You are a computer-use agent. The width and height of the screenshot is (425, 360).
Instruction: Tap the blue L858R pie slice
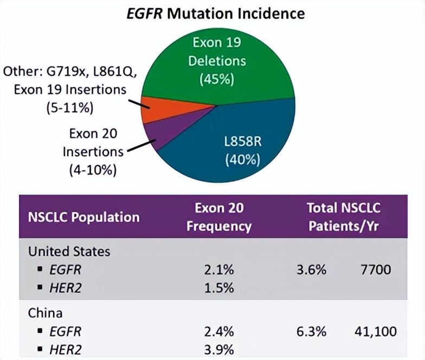pos(255,130)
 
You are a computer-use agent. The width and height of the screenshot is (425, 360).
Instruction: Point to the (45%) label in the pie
pos(217,79)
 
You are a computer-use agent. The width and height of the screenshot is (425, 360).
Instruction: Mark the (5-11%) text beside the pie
pos(69,108)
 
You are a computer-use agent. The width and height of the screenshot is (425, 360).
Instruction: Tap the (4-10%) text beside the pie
pos(93,169)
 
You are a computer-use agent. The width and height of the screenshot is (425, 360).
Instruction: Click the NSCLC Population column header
pos(83,217)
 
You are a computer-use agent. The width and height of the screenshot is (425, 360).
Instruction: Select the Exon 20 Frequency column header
pos(218,217)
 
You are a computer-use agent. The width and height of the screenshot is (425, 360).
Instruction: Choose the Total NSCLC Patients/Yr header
pos(344,217)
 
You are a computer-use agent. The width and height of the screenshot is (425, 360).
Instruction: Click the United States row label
pos(69,252)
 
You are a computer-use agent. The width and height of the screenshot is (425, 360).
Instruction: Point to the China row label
pos(46,313)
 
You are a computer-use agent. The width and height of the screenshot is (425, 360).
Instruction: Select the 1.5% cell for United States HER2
pos(218,288)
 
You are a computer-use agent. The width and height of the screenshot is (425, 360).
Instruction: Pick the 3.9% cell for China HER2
pos(218,349)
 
